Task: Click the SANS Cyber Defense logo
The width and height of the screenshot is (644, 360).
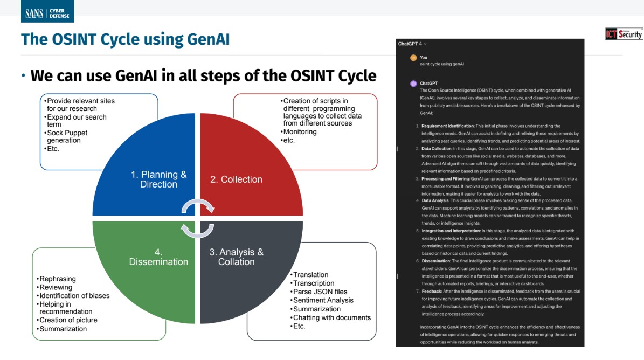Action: [47, 12]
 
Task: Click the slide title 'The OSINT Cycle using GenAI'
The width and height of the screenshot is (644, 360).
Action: [125, 39]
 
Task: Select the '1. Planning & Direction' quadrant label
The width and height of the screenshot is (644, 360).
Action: [159, 179]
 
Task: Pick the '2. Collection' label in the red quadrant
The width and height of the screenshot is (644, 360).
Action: [236, 179]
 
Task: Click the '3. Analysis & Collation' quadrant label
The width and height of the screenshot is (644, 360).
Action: [237, 257]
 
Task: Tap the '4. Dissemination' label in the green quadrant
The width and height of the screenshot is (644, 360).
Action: [158, 257]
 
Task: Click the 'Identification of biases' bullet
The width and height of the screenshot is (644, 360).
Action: [74, 295]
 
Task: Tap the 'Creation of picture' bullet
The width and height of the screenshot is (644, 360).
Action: [68, 320]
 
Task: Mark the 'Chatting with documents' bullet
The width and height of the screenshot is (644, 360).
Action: [331, 317]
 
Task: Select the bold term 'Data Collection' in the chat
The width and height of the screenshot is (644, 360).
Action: [438, 148]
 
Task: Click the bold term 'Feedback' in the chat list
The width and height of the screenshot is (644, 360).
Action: [433, 291]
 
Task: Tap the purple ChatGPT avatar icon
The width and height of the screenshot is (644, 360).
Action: [413, 84]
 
